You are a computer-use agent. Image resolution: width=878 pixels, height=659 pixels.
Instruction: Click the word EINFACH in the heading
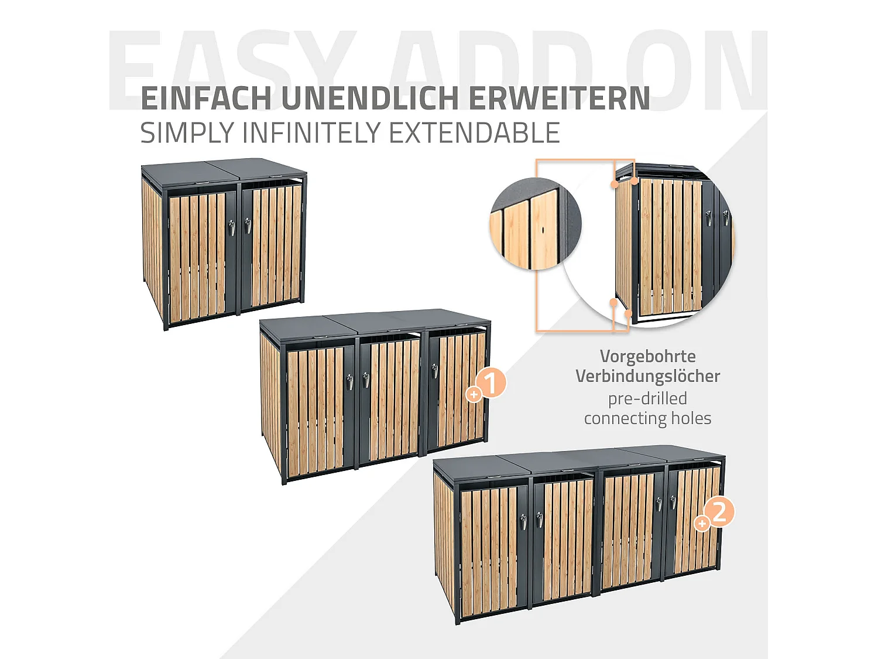click(x=206, y=98)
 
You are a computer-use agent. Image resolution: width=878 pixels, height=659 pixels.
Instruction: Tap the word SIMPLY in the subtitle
click(x=187, y=133)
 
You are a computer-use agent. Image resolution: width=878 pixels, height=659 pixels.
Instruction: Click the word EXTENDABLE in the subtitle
click(x=474, y=133)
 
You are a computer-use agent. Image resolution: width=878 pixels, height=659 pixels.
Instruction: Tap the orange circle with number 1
click(x=491, y=383)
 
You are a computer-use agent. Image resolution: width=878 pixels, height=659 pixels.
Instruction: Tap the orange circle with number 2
click(x=719, y=511)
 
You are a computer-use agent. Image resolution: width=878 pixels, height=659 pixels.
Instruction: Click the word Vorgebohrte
click(x=647, y=356)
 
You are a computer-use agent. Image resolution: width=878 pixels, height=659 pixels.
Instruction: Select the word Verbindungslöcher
click(x=647, y=376)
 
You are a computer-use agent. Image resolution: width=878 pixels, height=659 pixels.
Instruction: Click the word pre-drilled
click(x=647, y=398)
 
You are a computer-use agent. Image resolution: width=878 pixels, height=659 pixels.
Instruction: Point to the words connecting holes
click(x=647, y=418)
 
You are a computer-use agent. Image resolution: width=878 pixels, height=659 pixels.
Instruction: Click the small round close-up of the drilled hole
click(x=535, y=224)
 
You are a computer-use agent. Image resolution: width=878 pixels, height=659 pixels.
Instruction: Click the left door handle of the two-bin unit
click(x=232, y=227)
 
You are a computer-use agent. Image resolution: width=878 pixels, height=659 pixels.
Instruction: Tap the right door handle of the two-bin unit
click(x=248, y=225)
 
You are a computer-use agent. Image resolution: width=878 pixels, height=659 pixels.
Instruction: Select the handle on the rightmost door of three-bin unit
click(x=434, y=371)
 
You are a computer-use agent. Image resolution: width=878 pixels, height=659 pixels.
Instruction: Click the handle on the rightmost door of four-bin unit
click(x=673, y=502)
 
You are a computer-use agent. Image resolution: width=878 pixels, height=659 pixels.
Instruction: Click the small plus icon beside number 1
click(x=474, y=395)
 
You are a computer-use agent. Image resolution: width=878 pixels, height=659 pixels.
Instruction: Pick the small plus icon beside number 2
click(x=702, y=523)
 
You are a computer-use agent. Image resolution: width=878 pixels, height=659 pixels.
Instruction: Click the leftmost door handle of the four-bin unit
click(x=523, y=521)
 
